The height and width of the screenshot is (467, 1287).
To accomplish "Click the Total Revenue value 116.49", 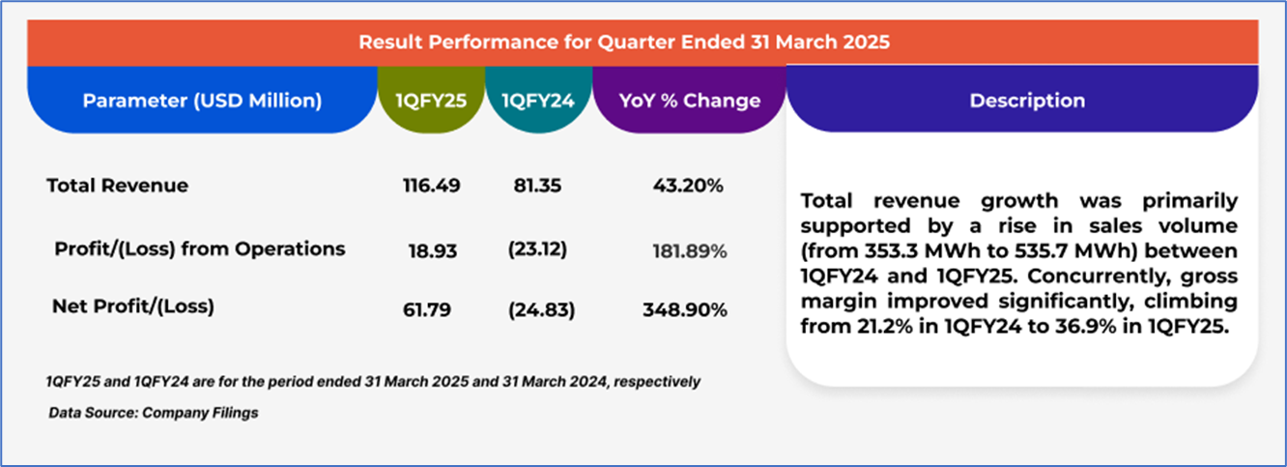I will click(431, 186).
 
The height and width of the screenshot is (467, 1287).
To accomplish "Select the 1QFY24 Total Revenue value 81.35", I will click(537, 186).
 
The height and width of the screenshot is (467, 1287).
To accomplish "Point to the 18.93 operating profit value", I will click(431, 249).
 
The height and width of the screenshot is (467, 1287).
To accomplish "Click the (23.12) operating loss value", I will click(537, 249).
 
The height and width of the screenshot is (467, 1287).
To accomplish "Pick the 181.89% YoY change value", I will click(690, 250).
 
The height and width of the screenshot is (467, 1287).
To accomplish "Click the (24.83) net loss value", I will click(541, 310).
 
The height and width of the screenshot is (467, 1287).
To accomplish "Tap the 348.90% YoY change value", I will click(685, 310).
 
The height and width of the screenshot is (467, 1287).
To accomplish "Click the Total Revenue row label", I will click(117, 186).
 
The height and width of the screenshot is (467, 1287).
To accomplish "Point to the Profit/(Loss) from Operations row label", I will click(200, 249).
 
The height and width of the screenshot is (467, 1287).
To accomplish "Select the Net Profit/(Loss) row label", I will click(133, 308).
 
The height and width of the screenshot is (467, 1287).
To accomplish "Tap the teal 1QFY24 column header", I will click(537, 101).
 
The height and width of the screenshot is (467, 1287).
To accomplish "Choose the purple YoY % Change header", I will click(689, 101).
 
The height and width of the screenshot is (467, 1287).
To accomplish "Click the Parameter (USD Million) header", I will click(202, 101).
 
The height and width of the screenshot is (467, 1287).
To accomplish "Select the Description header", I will click(1027, 101).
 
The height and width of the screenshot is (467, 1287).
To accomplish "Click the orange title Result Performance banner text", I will click(624, 43).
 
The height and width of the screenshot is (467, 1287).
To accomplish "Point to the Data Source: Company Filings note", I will click(154, 413).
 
